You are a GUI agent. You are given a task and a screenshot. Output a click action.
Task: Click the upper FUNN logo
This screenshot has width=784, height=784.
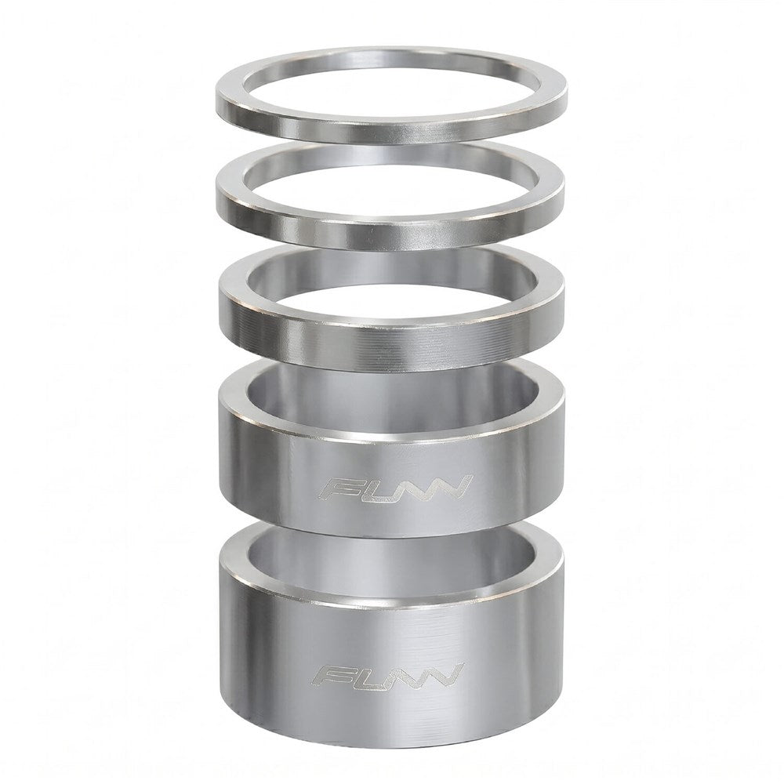click(x=395, y=488)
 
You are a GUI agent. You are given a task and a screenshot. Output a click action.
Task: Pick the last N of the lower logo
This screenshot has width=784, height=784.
click(x=443, y=676)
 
